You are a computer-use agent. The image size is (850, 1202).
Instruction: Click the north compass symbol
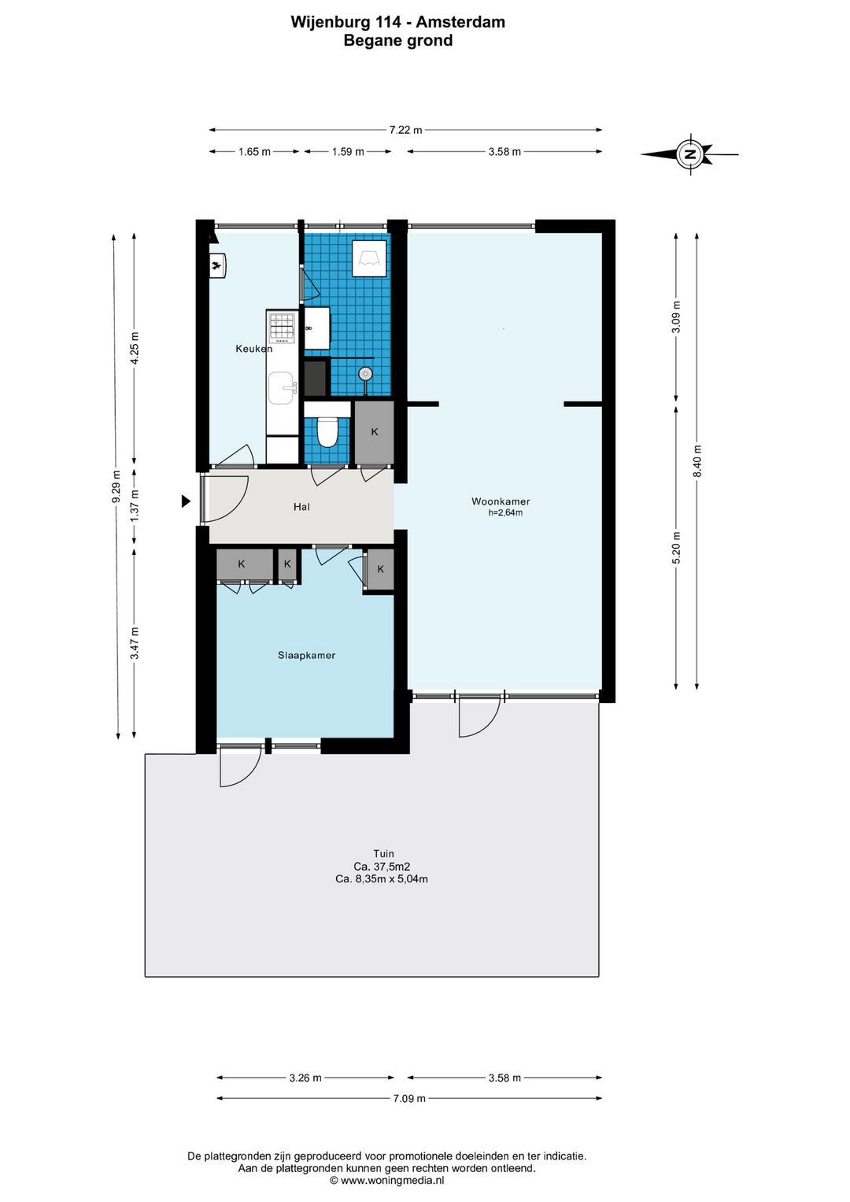pos(691,154)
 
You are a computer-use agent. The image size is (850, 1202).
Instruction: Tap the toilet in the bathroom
pos(327,431)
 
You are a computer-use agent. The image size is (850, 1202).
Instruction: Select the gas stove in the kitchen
pos(283,328)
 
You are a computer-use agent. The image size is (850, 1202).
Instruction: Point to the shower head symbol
pos(365,373)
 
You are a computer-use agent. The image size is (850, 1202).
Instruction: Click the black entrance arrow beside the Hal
pos(186,501)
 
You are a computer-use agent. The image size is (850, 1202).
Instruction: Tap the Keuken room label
pos(253,349)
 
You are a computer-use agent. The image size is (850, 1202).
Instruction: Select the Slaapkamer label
pos(306,655)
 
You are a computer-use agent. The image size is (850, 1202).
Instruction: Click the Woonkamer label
pos(501,501)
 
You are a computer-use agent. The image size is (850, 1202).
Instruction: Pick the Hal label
pos(301,507)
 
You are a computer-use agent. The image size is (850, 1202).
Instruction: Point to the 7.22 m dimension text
pos(405,130)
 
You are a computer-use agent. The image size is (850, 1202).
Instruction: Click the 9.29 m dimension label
pos(116,486)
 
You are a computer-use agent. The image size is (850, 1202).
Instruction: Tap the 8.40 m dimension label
pos(697,461)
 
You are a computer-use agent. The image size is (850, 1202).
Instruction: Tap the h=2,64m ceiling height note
pos(505,513)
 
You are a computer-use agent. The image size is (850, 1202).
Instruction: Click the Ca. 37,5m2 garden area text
pos(382,866)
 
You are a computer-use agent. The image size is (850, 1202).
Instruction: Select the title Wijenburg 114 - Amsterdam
pos(397,22)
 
